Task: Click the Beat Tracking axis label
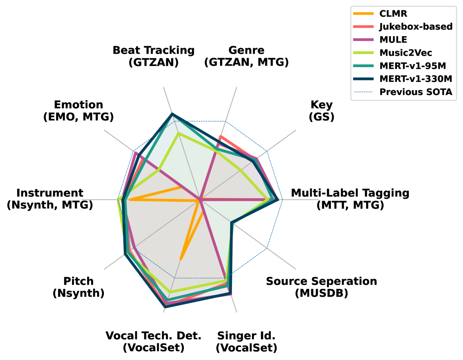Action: pyautogui.click(x=154, y=56)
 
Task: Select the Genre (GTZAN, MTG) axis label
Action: pyautogui.click(x=246, y=56)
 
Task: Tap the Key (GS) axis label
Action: pyautogui.click(x=321, y=110)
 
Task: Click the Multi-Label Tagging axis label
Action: pyautogui.click(x=350, y=199)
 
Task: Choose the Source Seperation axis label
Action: pyautogui.click(x=321, y=287)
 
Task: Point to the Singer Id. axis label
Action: pyautogui.click(x=246, y=342)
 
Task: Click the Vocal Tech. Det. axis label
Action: pyautogui.click(x=154, y=342)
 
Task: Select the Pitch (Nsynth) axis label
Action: pyautogui.click(x=78, y=287)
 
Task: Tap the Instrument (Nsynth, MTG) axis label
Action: pyautogui.click(x=50, y=199)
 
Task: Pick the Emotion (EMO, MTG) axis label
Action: pyautogui.click(x=78, y=110)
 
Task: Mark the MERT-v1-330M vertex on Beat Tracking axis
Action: pyautogui.click(x=172, y=114)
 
